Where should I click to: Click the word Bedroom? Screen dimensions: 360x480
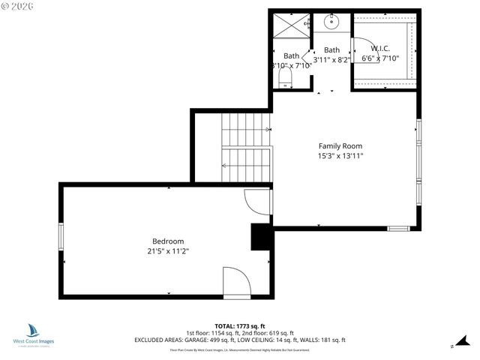(x=166, y=241)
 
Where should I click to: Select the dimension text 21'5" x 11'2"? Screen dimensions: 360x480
(x=166, y=251)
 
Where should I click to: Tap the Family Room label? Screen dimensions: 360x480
(x=340, y=146)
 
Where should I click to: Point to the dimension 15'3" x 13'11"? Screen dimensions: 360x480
(x=340, y=156)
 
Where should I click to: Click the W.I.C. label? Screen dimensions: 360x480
(x=381, y=49)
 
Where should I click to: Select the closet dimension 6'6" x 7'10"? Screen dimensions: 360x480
(x=381, y=58)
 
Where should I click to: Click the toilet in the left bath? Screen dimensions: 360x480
(x=285, y=78)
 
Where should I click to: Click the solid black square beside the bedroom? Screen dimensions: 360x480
(x=260, y=237)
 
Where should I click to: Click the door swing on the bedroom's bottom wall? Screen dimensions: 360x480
(x=238, y=282)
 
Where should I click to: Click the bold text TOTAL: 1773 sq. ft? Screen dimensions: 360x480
(x=240, y=326)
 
